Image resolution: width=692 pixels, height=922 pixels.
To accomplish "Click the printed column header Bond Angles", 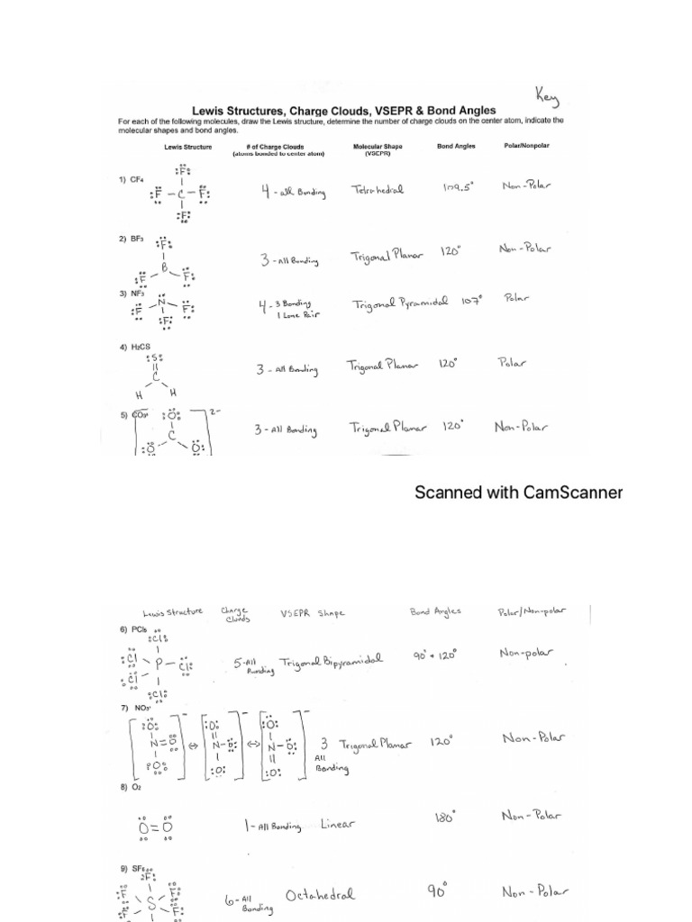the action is (456, 146).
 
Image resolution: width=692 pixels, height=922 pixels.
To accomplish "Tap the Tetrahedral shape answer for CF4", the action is (378, 190).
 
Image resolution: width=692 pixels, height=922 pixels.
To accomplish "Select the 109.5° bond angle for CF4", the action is (458, 187).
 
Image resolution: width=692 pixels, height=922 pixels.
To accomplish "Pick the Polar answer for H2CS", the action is (512, 363).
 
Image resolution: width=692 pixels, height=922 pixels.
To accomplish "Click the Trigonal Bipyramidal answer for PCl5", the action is (331, 663).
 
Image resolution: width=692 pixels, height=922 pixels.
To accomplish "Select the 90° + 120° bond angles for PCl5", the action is (435, 655).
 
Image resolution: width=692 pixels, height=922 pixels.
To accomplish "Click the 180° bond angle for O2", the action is (445, 818).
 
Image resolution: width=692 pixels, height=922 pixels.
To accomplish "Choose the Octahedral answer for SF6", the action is (320, 895).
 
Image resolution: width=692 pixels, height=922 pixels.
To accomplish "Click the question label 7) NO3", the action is (135, 708).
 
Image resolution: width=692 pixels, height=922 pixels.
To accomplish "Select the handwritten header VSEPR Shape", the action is (312, 613).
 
